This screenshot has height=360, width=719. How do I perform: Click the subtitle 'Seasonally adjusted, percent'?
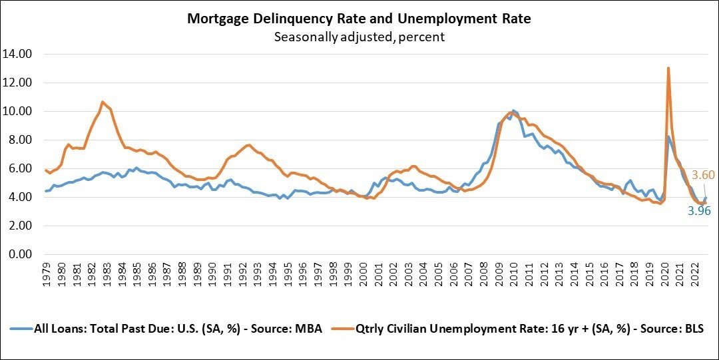pyautogui.click(x=359, y=37)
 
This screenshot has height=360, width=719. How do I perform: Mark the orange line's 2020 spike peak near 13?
pyautogui.click(x=668, y=68)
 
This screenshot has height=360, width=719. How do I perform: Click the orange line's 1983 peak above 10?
pyautogui.click(x=102, y=102)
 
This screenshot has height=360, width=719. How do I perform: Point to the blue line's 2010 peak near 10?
pyautogui.click(x=513, y=110)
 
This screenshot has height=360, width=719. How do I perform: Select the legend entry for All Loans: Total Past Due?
pyautogui.click(x=166, y=329)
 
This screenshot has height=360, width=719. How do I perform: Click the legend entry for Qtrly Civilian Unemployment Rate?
pyautogui.click(x=521, y=329)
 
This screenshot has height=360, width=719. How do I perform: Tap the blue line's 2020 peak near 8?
pyautogui.click(x=668, y=137)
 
